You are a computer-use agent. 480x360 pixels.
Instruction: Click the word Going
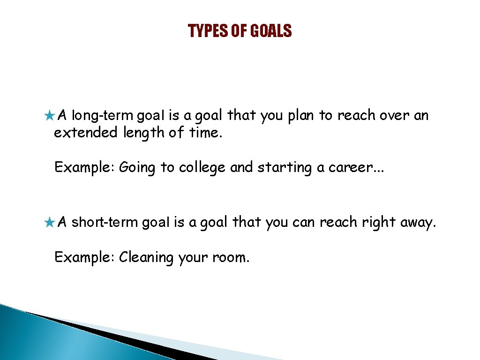[x=137, y=168]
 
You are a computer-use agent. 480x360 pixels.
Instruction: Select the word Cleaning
[x=146, y=257]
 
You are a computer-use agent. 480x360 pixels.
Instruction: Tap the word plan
[x=300, y=116]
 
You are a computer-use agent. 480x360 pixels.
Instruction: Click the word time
[x=205, y=133]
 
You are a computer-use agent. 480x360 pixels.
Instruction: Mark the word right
[x=379, y=223]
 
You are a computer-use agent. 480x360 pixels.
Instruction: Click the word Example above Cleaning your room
[x=84, y=257]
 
